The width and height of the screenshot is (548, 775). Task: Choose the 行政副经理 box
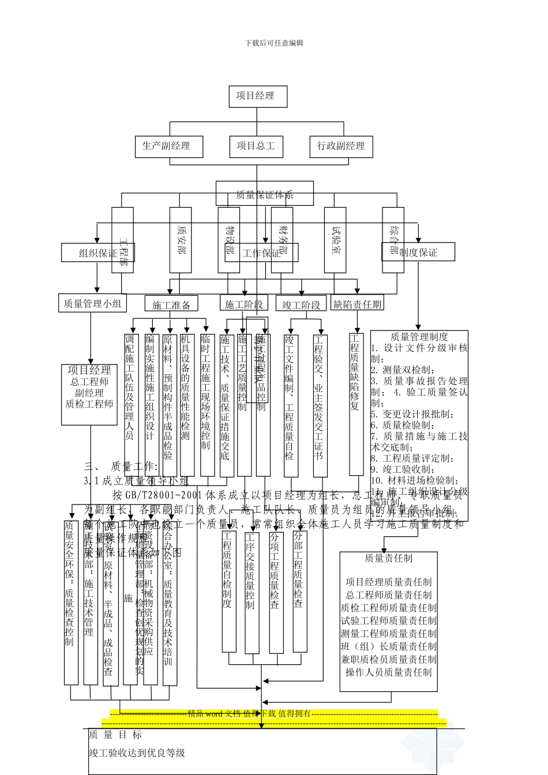(x=341, y=146)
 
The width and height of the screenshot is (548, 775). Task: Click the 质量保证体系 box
(x=265, y=194)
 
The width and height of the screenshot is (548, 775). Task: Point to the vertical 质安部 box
(x=181, y=240)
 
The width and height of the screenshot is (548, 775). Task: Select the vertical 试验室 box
(x=335, y=240)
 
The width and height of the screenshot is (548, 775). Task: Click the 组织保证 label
(x=98, y=253)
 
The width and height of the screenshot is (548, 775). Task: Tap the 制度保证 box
(x=418, y=252)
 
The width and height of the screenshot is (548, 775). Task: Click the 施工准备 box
(x=171, y=304)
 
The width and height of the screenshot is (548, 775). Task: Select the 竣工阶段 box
(x=301, y=304)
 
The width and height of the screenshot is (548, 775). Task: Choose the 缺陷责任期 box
(x=358, y=303)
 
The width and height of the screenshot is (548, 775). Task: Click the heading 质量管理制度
(x=419, y=337)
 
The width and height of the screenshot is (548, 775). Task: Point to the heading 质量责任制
(x=388, y=558)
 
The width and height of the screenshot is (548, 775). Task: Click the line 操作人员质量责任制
(x=388, y=672)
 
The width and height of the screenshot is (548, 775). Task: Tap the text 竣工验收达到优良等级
(x=137, y=753)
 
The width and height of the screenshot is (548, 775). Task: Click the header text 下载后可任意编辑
(x=274, y=43)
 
